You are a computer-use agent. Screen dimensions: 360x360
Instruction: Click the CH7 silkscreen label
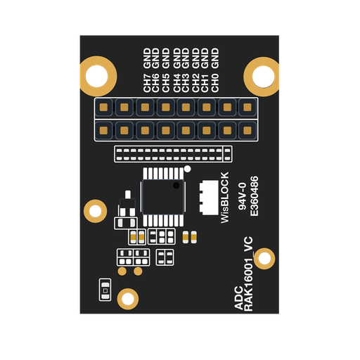[147, 83]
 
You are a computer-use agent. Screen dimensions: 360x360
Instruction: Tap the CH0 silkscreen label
[215, 83]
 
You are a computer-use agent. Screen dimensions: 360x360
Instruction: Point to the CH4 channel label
[177, 83]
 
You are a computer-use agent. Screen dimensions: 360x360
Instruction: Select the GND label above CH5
[166, 58]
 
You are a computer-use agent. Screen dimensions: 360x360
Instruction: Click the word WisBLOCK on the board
[224, 198]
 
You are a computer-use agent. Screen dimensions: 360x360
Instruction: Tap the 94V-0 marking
[242, 196]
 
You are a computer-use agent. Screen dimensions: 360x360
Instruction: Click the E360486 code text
[255, 196]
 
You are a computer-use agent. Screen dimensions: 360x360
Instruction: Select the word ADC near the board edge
[239, 298]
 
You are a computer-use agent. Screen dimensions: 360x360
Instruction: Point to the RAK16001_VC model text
[249, 274]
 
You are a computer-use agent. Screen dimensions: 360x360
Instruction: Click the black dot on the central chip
[176, 186]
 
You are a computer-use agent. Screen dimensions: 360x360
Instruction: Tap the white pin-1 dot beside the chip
[187, 169]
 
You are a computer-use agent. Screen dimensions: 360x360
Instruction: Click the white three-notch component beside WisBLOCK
[209, 198]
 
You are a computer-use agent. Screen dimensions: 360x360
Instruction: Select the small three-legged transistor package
[127, 203]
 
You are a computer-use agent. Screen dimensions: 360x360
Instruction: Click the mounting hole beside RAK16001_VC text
[264, 259]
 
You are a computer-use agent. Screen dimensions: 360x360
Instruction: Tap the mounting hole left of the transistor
[95, 211]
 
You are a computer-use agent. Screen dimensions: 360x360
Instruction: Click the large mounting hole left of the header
[97, 76]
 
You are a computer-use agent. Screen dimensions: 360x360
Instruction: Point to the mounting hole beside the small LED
[128, 299]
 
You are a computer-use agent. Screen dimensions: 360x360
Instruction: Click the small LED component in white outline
[105, 290]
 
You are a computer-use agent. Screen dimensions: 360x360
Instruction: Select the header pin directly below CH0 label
[247, 108]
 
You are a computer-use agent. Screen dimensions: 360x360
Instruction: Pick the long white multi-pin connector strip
[173, 154]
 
